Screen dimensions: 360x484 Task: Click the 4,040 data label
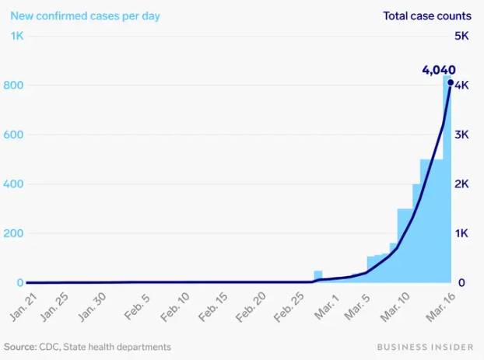coord(438,69)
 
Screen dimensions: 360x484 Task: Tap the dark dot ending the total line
coord(451,82)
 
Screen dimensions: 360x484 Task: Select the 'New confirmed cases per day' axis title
coord(86,16)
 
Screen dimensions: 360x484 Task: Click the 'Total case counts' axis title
coord(426,16)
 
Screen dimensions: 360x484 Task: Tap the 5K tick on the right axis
coord(461,36)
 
